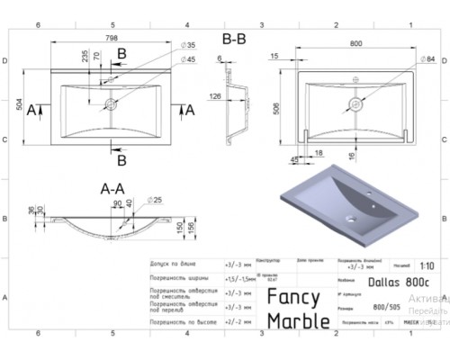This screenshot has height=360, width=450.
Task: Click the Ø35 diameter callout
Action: pos(190,45)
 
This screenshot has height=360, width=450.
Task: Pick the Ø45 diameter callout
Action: pos(190,59)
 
